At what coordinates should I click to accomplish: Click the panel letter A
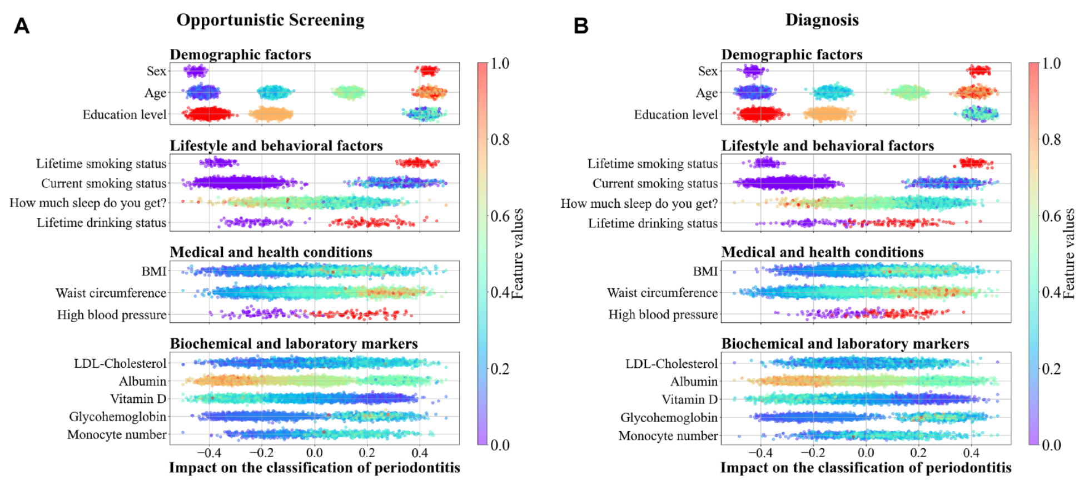(22, 26)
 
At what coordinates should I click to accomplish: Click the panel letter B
(581, 26)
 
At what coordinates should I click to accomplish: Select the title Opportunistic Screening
(270, 20)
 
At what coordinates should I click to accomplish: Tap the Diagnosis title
(822, 20)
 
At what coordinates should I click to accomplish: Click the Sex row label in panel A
(156, 71)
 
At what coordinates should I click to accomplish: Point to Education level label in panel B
(676, 114)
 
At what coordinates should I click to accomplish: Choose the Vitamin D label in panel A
(138, 399)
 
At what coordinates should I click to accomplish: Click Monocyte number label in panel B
(668, 436)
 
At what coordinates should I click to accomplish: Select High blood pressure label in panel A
(112, 315)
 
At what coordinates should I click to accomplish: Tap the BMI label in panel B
(705, 271)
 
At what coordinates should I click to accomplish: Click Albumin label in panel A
(142, 381)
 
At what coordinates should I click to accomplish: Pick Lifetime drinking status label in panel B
(653, 223)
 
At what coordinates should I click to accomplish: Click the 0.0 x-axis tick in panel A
(315, 453)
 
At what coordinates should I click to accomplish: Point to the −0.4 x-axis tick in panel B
(760, 453)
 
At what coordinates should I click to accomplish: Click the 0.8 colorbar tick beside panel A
(500, 139)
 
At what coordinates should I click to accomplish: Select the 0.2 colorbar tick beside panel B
(1051, 369)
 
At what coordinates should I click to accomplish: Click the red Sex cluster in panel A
(428, 71)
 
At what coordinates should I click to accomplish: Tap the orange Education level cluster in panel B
(829, 114)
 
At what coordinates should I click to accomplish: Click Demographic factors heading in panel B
(792, 54)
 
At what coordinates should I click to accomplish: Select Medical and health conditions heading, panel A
(271, 252)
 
